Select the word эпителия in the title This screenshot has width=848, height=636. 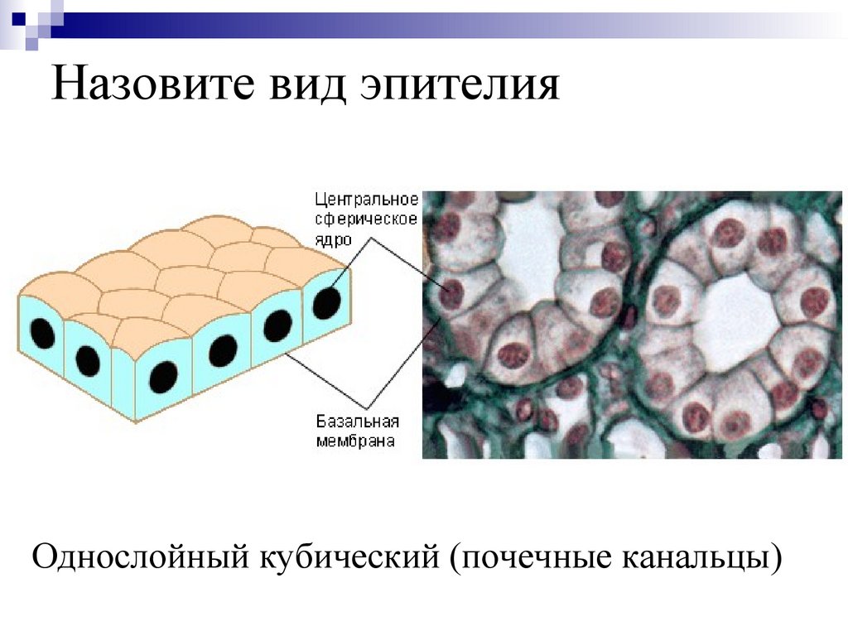tap(460, 87)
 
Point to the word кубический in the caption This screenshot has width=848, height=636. tap(350, 555)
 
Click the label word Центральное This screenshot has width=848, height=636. tap(365, 200)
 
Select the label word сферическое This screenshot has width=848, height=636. tap(365, 219)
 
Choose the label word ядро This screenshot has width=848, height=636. tap(332, 238)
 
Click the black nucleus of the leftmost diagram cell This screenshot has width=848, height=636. tap(43, 335)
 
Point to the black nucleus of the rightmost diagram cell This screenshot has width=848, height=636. tap(325, 302)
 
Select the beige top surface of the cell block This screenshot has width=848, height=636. tap(182, 265)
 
